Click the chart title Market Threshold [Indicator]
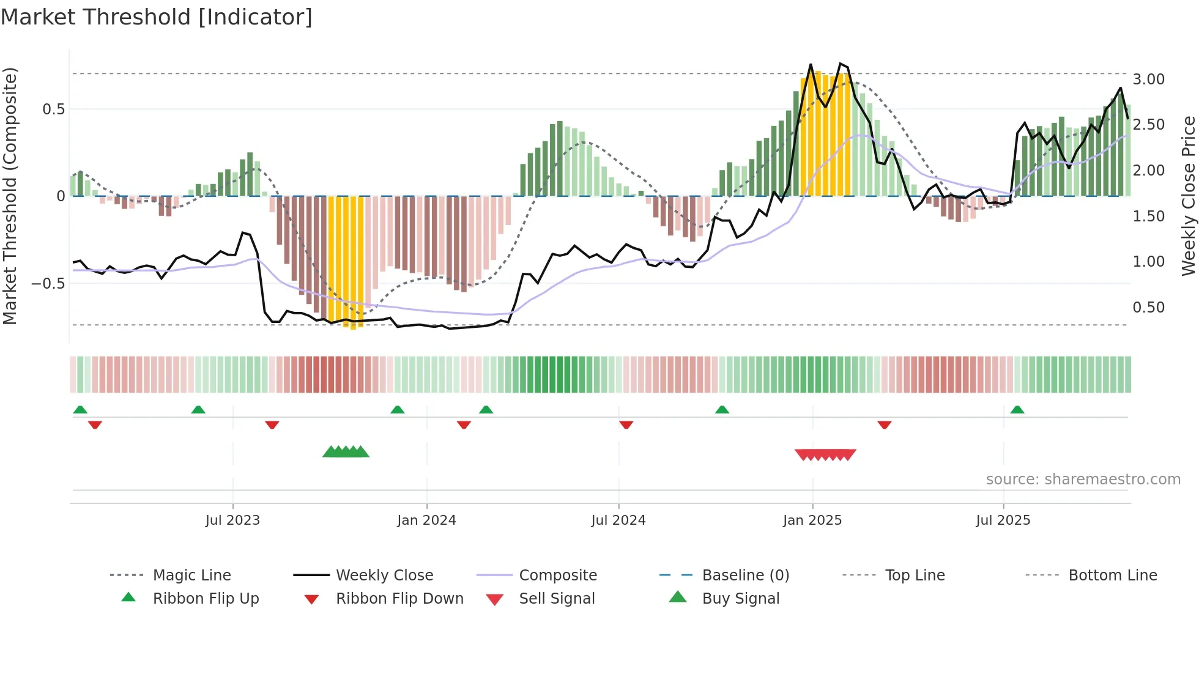coord(157,17)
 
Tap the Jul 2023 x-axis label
coord(232,520)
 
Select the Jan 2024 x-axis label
coord(426,520)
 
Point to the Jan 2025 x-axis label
coord(812,520)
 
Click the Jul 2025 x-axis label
coord(1003,520)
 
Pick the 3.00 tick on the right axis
coord(1148,80)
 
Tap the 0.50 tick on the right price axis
coord(1148,308)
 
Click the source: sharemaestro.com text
coord(1083,480)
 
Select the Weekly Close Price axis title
coord(1188,196)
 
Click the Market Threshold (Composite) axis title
coord(10,196)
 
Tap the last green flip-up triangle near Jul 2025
coord(1017,410)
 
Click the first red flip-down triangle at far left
coord(95,424)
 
